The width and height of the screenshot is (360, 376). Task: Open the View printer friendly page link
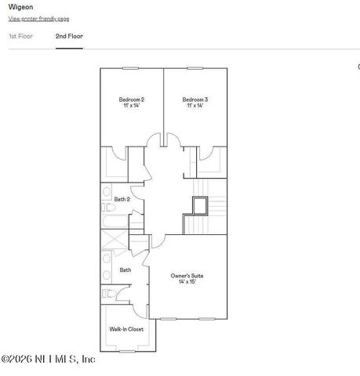pos(38,18)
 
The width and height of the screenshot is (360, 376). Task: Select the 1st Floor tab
pos(20,36)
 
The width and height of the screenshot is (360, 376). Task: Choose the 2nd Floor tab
pos(69,36)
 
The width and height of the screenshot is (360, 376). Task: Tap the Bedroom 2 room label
pos(131,99)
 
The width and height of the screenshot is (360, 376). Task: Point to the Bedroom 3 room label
pos(195,99)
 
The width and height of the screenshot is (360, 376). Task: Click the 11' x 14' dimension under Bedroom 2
pos(131,106)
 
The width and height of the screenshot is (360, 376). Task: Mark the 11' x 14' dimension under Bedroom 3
pos(195,106)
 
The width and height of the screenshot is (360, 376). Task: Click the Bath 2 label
pos(122,199)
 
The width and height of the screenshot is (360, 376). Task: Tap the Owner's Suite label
pos(187,276)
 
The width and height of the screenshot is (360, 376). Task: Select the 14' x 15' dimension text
pos(187,282)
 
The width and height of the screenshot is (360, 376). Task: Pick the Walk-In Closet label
pos(126,329)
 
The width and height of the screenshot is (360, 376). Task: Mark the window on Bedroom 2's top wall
pos(130,69)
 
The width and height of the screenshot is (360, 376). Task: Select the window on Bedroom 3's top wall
pos(195,69)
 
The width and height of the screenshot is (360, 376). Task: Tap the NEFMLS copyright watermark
pos(49,360)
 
